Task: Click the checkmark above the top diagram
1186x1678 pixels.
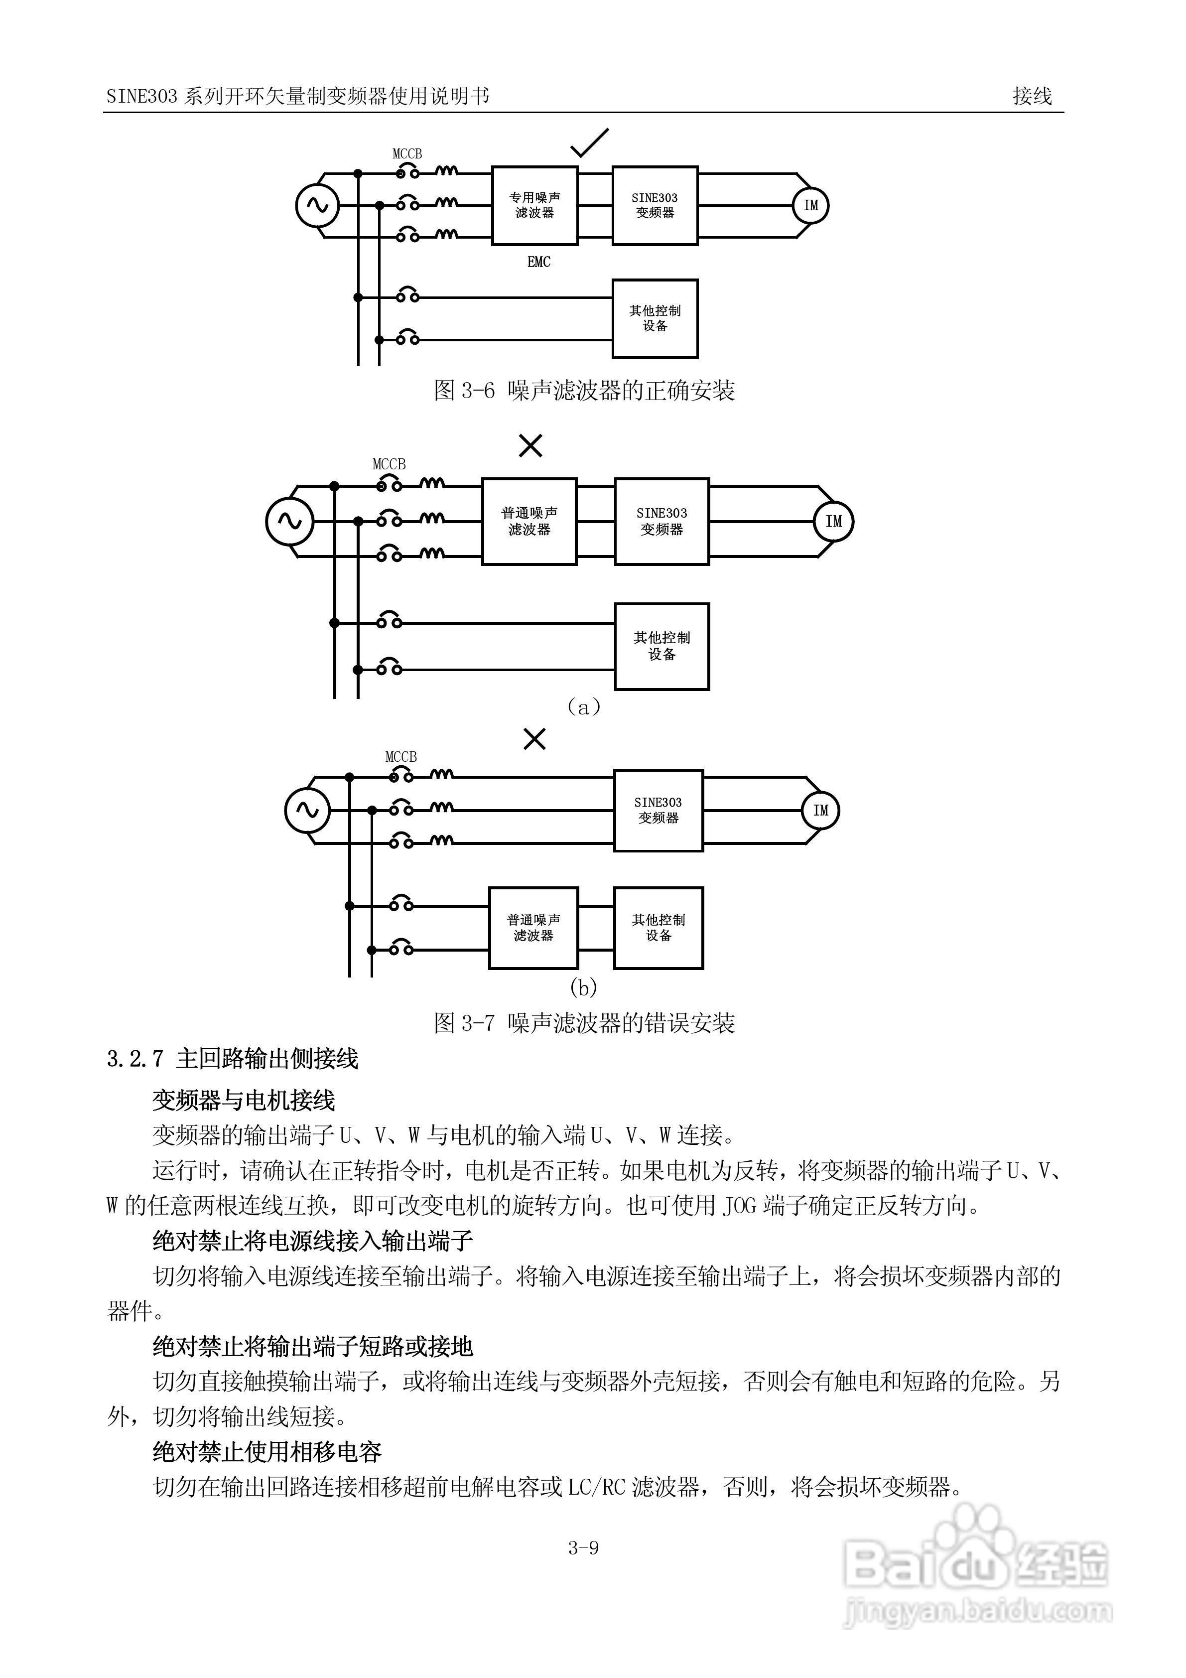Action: (x=589, y=143)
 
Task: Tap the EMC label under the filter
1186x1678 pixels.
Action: (x=538, y=262)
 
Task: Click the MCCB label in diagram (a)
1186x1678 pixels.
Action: (x=389, y=464)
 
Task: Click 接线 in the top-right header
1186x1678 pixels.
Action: (x=1032, y=96)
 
